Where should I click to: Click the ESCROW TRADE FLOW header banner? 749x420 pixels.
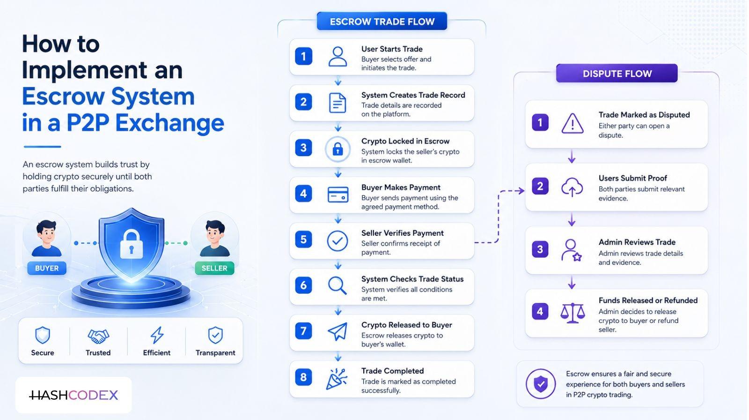click(x=382, y=21)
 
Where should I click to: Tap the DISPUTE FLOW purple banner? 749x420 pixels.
click(x=617, y=73)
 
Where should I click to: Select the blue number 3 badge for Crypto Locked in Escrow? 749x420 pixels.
click(x=304, y=148)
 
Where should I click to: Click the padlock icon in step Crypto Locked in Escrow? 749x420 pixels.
click(x=338, y=149)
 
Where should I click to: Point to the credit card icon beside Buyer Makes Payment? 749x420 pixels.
click(x=338, y=194)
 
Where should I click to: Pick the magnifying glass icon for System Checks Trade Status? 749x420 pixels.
click(x=337, y=285)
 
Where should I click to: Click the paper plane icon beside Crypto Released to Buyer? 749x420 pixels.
click(x=338, y=331)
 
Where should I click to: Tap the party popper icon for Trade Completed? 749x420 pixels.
click(x=337, y=379)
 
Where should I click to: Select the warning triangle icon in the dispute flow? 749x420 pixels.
click(x=573, y=124)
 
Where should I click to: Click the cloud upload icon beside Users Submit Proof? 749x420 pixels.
click(x=572, y=187)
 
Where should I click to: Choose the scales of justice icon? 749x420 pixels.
click(x=573, y=313)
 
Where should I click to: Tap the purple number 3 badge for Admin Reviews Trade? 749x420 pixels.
click(x=540, y=249)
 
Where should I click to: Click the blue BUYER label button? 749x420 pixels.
click(x=47, y=268)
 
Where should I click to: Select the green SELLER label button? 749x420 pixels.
click(x=215, y=268)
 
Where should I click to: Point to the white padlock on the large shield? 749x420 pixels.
click(x=132, y=244)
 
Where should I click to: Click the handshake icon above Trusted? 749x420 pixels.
click(x=98, y=336)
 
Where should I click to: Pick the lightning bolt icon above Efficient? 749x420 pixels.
click(x=157, y=335)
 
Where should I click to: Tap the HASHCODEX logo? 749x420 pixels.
click(x=73, y=395)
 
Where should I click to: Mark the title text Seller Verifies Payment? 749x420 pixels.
click(x=402, y=233)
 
